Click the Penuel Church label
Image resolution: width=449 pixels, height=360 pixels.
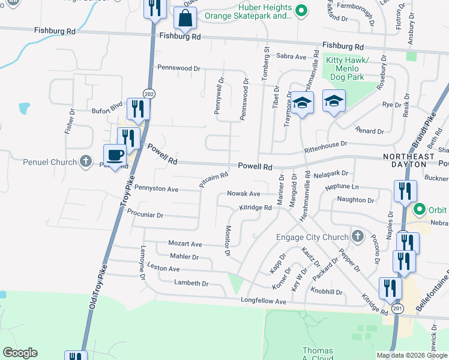point(50,162)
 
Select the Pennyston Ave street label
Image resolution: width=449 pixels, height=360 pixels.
point(157,189)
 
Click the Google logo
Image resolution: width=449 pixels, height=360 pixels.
point(19,352)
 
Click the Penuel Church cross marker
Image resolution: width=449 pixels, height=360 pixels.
point(86,161)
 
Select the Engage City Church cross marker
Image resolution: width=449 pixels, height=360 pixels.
point(358,235)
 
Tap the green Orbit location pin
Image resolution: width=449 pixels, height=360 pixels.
point(420,209)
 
